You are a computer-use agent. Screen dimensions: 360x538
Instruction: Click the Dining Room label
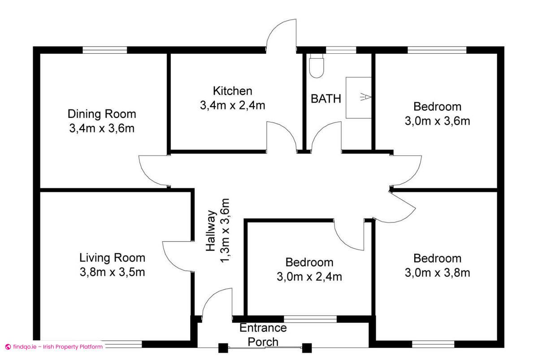point(102,113)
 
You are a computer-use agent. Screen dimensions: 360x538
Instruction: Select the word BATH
point(326,99)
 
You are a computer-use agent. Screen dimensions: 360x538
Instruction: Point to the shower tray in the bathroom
point(359,97)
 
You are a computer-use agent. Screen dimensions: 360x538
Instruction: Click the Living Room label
point(112,258)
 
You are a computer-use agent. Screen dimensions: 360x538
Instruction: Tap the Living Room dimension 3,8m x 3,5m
point(112,272)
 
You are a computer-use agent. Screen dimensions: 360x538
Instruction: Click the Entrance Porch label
point(263,334)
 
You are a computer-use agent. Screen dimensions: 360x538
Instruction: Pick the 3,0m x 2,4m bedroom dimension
point(309,277)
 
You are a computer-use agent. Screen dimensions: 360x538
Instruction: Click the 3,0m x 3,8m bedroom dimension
point(437,273)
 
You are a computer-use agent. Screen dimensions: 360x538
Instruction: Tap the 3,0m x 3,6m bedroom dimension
point(437,121)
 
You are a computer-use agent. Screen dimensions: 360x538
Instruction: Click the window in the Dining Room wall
point(105,50)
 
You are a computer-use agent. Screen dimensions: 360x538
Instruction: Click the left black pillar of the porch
point(222,347)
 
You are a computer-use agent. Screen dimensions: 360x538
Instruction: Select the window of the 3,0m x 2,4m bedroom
point(310,319)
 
